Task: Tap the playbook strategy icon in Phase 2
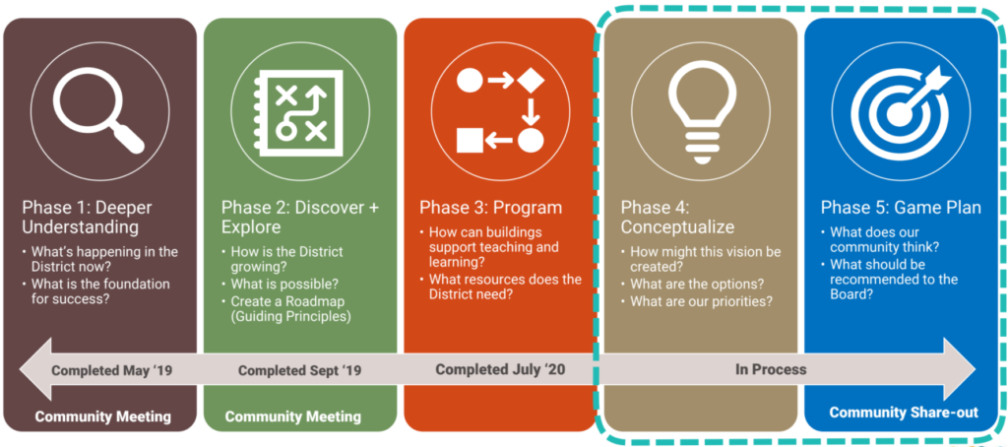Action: (x=299, y=113)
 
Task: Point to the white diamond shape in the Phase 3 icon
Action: (x=531, y=81)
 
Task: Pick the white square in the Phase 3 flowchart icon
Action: (x=470, y=140)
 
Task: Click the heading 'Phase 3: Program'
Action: (x=491, y=208)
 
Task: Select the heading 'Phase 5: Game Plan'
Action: (x=901, y=208)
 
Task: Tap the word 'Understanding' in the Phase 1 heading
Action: (x=81, y=227)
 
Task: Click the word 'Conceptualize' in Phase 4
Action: (x=677, y=227)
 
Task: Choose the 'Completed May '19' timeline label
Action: (x=112, y=370)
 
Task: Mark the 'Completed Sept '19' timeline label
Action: (x=299, y=371)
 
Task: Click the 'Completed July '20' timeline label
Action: (x=500, y=370)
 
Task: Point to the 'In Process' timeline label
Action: (x=771, y=370)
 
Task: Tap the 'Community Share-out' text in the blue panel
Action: (x=904, y=413)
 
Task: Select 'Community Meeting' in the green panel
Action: (x=293, y=416)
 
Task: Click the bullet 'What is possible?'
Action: (x=284, y=283)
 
